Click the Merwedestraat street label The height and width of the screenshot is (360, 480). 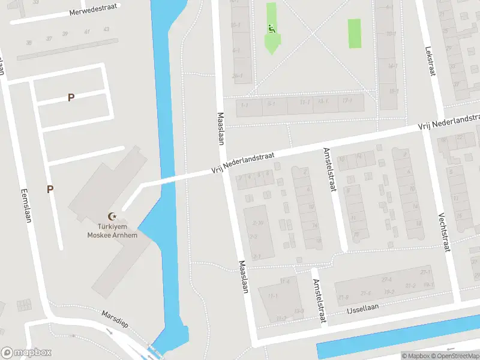[x=92, y=11]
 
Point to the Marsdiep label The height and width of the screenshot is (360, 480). [x=115, y=319]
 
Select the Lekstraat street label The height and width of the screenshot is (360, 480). [x=429, y=61]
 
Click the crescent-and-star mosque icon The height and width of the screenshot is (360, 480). [x=110, y=216]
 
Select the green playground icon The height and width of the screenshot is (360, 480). [x=272, y=28]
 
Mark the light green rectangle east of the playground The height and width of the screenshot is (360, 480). [x=355, y=34]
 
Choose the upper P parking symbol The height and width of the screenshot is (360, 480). [x=71, y=97]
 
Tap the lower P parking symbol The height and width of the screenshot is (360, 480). [x=50, y=189]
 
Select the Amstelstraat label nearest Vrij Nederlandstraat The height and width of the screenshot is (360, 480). [x=329, y=170]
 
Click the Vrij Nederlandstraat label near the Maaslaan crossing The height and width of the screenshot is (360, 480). [x=242, y=163]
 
